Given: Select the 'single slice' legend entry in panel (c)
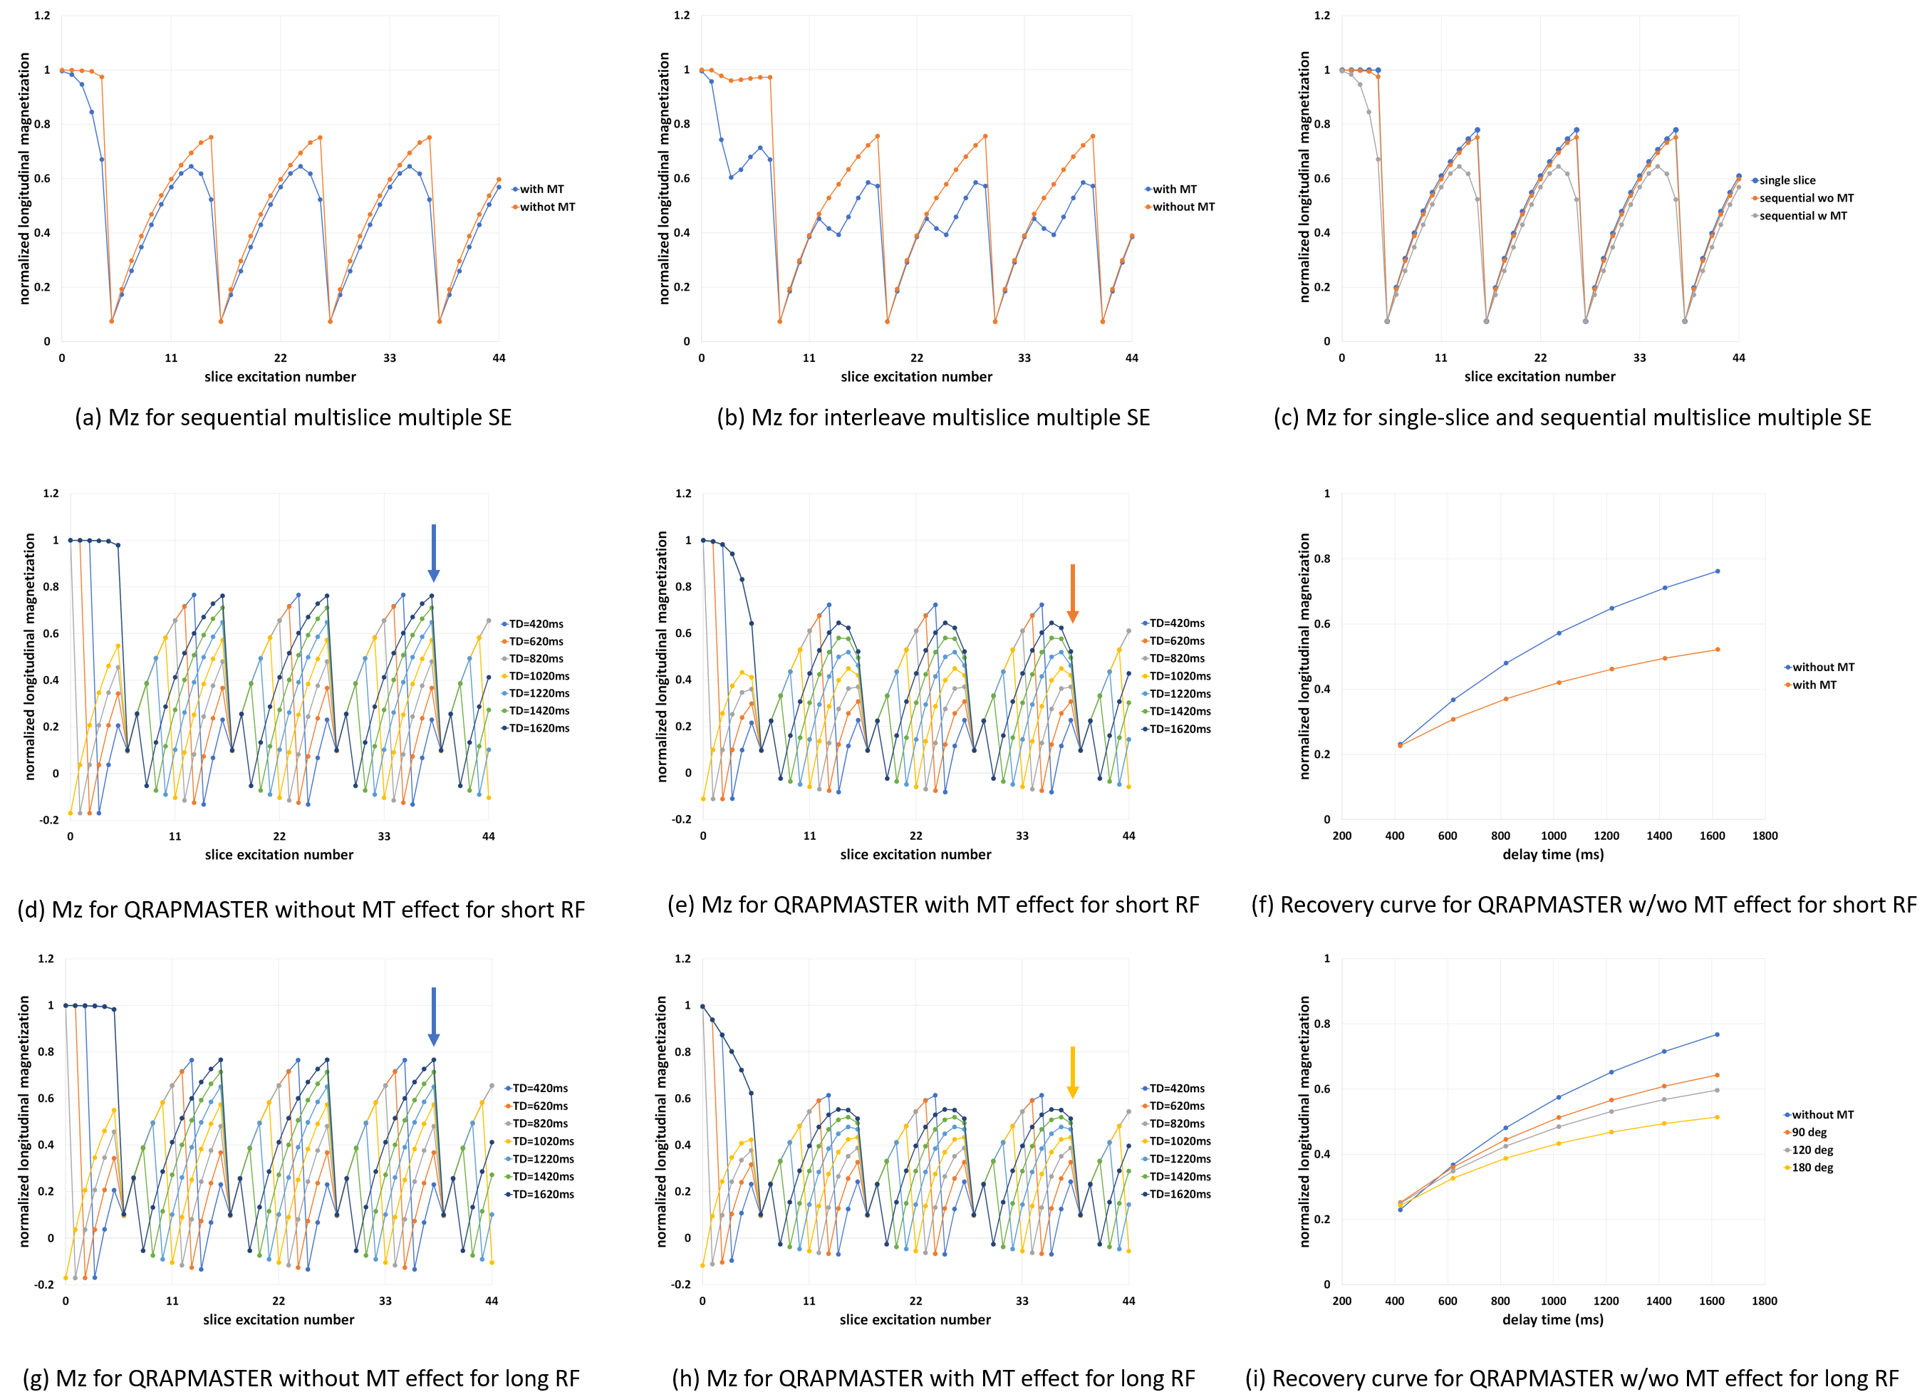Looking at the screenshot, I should tap(1787, 180).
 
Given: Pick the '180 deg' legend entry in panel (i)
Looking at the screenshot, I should tap(1812, 1168).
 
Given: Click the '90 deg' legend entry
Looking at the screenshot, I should tap(1808, 1132).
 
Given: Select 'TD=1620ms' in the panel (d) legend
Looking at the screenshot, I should tap(539, 728).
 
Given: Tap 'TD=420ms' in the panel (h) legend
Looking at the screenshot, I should tap(1176, 1089).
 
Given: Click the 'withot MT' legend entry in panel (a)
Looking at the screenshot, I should tap(547, 207).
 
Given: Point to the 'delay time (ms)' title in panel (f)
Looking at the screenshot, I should tap(1552, 854).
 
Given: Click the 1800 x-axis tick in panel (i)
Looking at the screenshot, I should tap(1764, 1301).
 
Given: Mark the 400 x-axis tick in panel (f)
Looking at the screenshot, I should tap(1394, 836).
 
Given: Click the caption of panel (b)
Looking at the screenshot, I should tap(933, 418).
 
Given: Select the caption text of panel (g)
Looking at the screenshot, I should tap(301, 1378).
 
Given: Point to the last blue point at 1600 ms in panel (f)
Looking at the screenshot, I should tap(1717, 571).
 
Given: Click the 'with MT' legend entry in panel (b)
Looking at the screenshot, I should tap(1174, 189).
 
